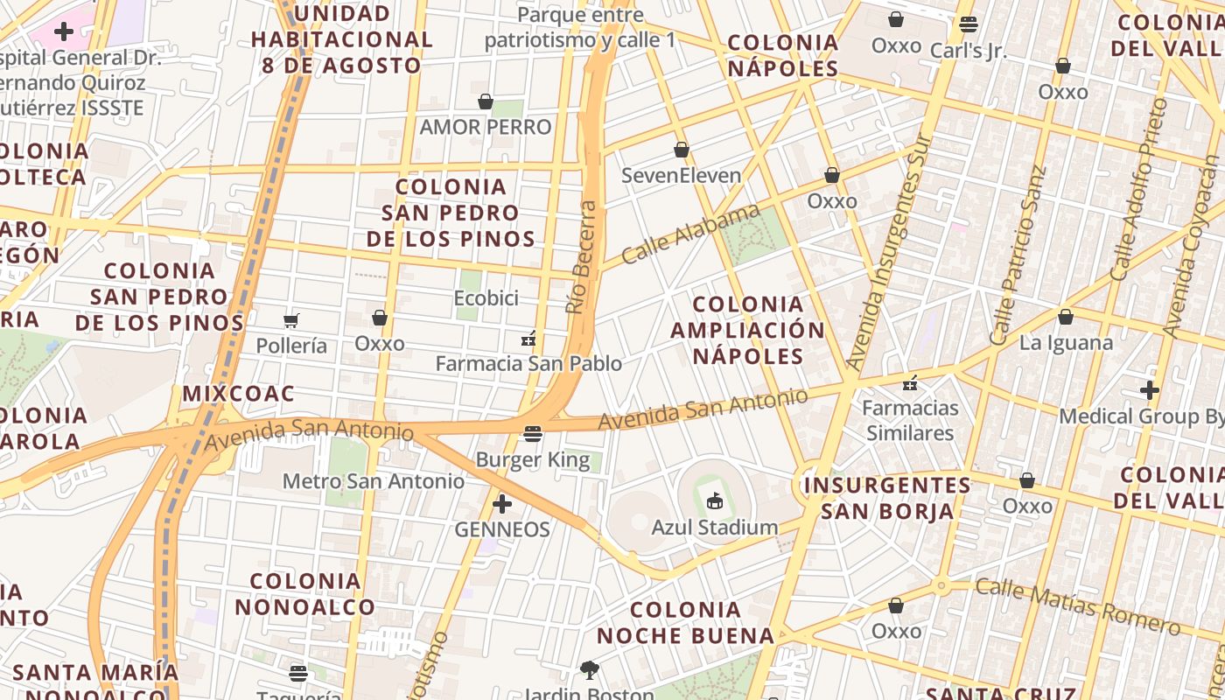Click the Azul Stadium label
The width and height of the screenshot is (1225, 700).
pyautogui.click(x=715, y=527)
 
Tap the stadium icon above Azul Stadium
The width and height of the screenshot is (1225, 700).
pyautogui.click(x=715, y=500)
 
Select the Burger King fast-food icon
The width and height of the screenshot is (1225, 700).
pyautogui.click(x=532, y=433)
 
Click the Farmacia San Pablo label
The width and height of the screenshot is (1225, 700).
pyautogui.click(x=528, y=363)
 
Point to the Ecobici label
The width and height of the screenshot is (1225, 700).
pyautogui.click(x=486, y=298)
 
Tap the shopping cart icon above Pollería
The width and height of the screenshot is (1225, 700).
pyautogui.click(x=291, y=320)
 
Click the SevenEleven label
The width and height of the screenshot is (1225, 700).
pyautogui.click(x=681, y=175)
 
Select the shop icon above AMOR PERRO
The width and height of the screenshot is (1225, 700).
pyautogui.click(x=485, y=102)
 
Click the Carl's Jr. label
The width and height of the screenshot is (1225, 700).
pyautogui.click(x=968, y=51)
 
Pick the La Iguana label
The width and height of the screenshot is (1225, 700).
pyautogui.click(x=1066, y=342)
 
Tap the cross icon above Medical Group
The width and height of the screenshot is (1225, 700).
pyautogui.click(x=1149, y=390)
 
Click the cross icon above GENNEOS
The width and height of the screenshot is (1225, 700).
pyautogui.click(x=502, y=504)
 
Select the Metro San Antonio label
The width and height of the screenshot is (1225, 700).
pyautogui.click(x=374, y=481)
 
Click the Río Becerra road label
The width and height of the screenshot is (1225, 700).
pyautogui.click(x=582, y=257)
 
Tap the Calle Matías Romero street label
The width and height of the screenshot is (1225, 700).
pyautogui.click(x=1077, y=605)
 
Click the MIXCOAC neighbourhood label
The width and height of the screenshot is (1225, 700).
pyautogui.click(x=238, y=394)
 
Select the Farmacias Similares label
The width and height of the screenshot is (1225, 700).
pyautogui.click(x=910, y=420)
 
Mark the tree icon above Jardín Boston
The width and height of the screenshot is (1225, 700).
pyautogui.click(x=589, y=670)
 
